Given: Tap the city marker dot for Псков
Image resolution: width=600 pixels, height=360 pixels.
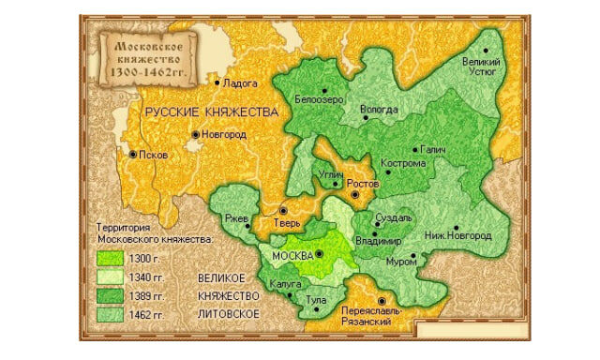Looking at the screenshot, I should pos(133,154).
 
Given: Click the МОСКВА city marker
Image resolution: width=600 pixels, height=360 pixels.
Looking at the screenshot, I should pos(319,253).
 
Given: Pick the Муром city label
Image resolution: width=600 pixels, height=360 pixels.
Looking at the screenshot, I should pos(400,260).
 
